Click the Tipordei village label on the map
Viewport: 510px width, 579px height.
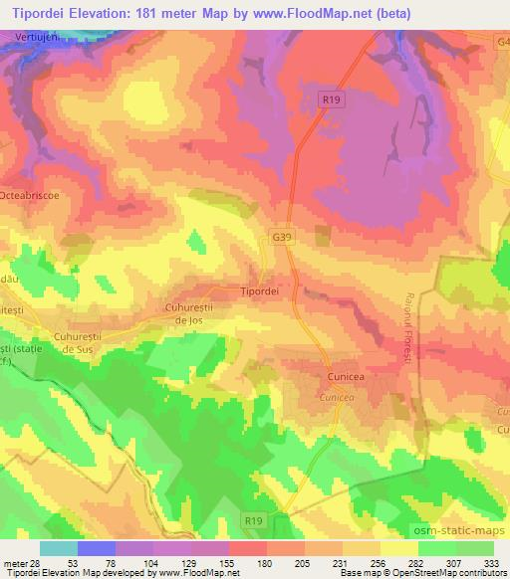(x=259, y=292)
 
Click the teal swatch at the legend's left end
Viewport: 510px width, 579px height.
(x=59, y=548)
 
